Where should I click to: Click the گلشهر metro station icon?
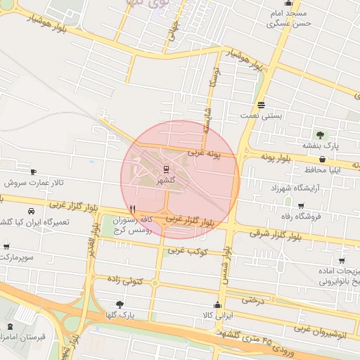pyautogui.click(x=167, y=169)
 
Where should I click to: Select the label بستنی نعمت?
pyautogui.click(x=281, y=115)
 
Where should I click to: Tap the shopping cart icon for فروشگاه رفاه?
pyautogui.click(x=302, y=205)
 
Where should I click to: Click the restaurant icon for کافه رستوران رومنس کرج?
pyautogui.click(x=132, y=210)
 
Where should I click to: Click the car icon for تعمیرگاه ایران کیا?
pyautogui.click(x=31, y=211)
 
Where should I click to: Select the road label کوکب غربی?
pyautogui.click(x=186, y=250)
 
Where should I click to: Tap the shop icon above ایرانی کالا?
pyautogui.click(x=217, y=304)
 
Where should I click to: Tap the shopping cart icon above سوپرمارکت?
pyautogui.click(x=7, y=247)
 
